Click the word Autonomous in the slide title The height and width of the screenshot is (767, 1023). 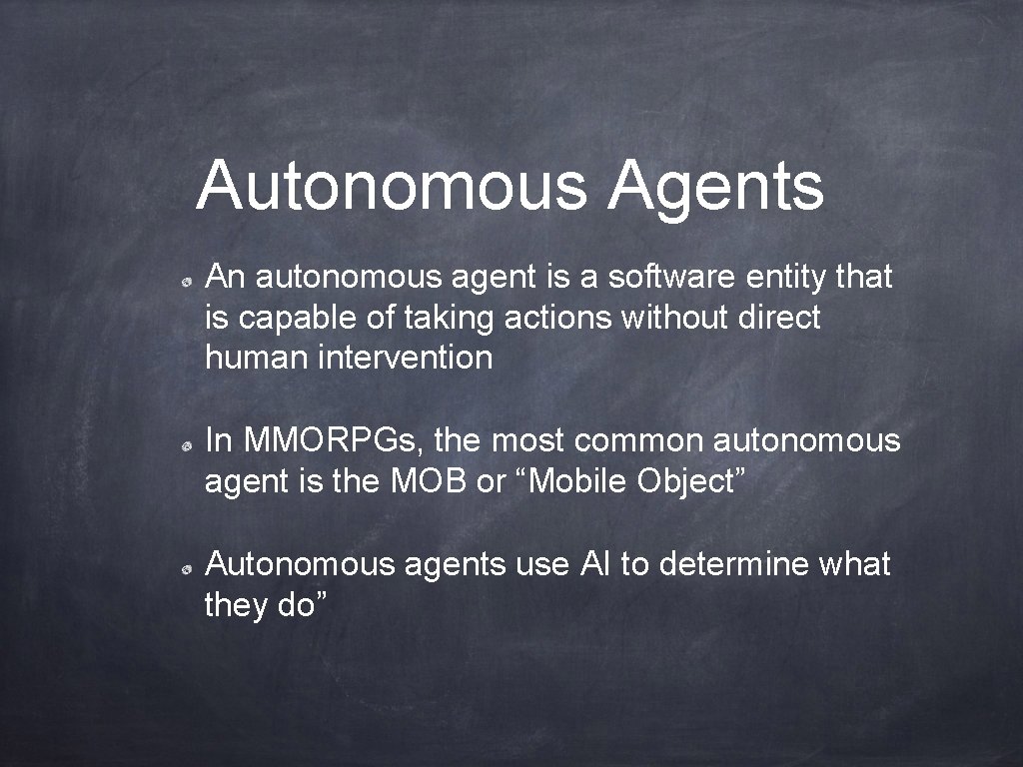coord(391,186)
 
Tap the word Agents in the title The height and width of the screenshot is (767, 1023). coord(715,186)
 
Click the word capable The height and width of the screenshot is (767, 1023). coord(287,319)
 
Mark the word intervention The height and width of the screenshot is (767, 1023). coord(405,358)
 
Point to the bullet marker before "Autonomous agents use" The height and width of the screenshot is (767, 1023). coord(187,568)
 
